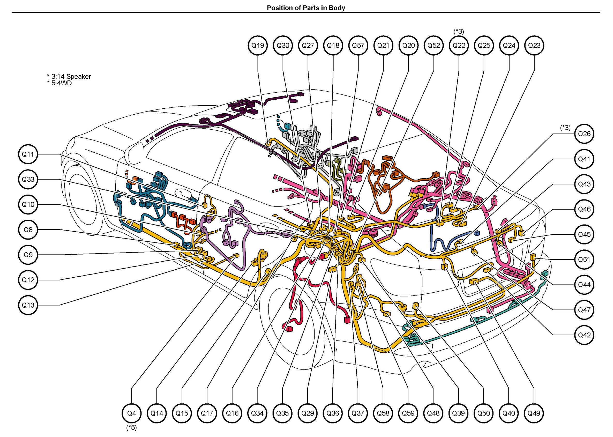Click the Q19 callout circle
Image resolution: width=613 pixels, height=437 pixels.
(x=258, y=46)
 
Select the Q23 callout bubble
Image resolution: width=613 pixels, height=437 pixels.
(x=534, y=46)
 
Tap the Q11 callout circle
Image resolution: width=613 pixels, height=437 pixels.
(x=28, y=154)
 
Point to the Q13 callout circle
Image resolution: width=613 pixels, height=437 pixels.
(x=28, y=305)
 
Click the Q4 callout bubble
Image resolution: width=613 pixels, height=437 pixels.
(x=132, y=413)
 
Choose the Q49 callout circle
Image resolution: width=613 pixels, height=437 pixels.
(x=534, y=413)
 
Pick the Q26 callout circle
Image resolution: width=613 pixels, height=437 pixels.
(x=584, y=134)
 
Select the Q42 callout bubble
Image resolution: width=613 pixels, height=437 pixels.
(x=584, y=335)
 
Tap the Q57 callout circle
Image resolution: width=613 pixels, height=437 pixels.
(x=358, y=46)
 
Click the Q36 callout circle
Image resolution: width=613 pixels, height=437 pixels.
(x=333, y=413)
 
